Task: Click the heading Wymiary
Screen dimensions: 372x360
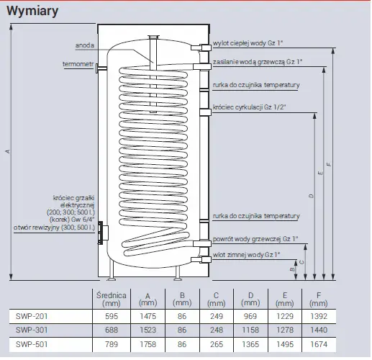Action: pyautogui.click(x=32, y=11)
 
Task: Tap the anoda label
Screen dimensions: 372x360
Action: pyautogui.click(x=85, y=45)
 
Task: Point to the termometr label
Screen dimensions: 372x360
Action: pyautogui.click(x=78, y=64)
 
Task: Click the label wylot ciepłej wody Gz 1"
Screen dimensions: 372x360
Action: pyautogui.click(x=248, y=43)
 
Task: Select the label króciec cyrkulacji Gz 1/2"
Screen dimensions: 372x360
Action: pyautogui.click(x=250, y=107)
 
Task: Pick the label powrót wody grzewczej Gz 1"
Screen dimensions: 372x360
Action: pyautogui.click(x=255, y=239)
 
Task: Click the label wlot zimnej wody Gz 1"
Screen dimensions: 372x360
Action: pyautogui.click(x=247, y=255)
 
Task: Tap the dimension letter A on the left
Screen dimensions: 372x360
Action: pyautogui.click(x=8, y=151)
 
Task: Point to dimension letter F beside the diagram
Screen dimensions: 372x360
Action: pyautogui.click(x=329, y=164)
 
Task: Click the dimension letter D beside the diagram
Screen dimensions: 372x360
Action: pyautogui.click(x=311, y=196)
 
